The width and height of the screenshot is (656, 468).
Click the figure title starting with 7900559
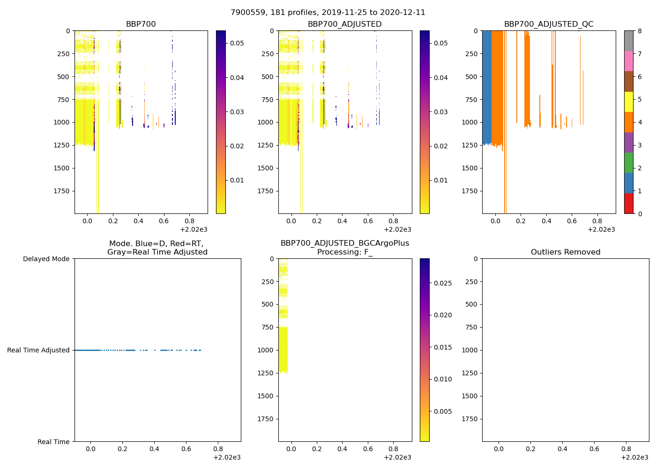328,13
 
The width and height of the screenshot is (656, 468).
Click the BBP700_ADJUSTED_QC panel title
549,24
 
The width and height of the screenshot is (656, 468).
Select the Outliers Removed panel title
566,252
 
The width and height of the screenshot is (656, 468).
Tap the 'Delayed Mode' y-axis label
46,259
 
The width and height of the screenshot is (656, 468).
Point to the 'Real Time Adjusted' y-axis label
38,350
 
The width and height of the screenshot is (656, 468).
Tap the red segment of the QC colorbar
629,204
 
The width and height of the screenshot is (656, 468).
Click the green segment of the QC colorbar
629,162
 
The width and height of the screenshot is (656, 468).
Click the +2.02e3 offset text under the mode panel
227,457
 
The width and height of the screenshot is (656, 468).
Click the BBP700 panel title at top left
141,24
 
